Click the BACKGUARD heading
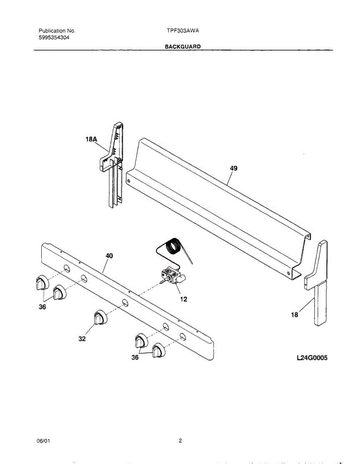click(x=183, y=46)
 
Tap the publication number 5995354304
click(x=54, y=38)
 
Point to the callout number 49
click(x=233, y=168)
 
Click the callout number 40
click(x=109, y=256)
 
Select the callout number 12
click(x=184, y=299)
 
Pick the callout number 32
click(x=82, y=339)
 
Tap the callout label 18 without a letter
click(x=294, y=315)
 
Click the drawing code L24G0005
click(x=312, y=358)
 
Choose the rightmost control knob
click(x=158, y=350)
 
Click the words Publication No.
click(x=57, y=31)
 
